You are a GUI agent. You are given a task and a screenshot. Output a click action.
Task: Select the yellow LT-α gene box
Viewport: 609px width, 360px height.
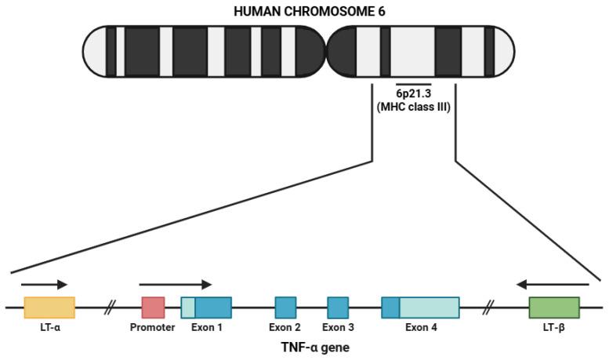coord(49,307)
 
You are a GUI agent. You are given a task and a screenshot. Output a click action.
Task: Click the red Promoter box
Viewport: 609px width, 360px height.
coord(153,307)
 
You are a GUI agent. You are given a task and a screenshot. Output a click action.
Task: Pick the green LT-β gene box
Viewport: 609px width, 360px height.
coord(554,307)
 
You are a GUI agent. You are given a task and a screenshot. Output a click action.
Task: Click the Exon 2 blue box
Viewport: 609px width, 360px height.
coord(285,307)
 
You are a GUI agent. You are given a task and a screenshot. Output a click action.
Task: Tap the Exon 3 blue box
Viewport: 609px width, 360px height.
coord(338,307)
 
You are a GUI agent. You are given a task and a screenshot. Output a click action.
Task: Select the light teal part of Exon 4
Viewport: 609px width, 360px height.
coord(430,307)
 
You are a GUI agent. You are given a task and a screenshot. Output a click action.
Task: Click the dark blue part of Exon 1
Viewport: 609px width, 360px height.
coord(213,307)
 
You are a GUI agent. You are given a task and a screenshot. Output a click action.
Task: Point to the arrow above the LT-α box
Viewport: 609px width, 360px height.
coord(44,284)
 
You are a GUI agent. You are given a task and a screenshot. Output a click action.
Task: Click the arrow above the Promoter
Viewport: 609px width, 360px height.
coord(176,284)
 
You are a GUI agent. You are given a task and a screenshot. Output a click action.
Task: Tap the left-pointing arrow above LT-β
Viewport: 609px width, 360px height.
coord(553,284)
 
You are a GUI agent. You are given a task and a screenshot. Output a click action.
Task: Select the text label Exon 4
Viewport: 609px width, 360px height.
coord(420,327)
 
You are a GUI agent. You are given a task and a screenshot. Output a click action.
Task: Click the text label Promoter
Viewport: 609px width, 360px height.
coord(152,327)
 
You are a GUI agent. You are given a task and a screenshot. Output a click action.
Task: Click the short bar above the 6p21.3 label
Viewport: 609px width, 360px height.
coord(414,82)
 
